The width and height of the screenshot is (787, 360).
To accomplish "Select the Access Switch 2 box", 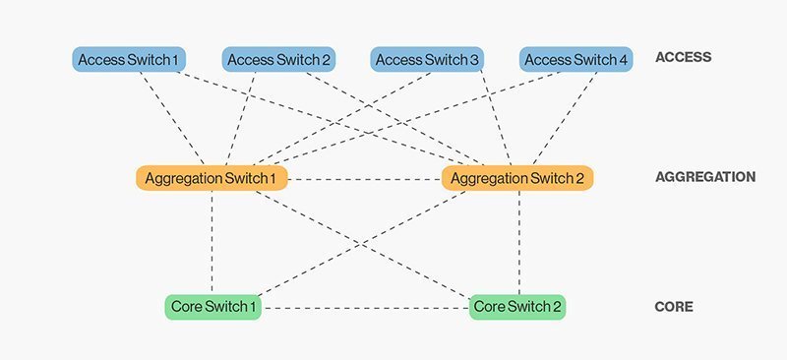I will click(x=278, y=60).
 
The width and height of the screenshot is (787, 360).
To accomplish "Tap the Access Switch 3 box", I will click(x=427, y=60).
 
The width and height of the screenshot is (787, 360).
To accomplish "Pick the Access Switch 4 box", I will click(x=575, y=60).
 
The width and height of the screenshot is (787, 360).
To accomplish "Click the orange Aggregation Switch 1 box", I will click(x=212, y=178).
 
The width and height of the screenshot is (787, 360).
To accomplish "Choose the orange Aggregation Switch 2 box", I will click(x=518, y=178).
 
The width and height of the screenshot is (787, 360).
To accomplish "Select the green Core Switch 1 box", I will click(x=213, y=307).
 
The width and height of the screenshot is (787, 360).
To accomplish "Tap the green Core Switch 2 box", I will click(x=518, y=307).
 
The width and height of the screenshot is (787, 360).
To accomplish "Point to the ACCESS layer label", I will click(x=683, y=58).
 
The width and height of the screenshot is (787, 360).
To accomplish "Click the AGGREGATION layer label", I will click(x=704, y=178).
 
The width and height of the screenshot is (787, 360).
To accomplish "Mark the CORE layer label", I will click(x=674, y=307).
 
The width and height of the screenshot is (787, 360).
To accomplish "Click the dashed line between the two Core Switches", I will click(x=366, y=308).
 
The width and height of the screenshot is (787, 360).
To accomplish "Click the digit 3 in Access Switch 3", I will click(x=475, y=60).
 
